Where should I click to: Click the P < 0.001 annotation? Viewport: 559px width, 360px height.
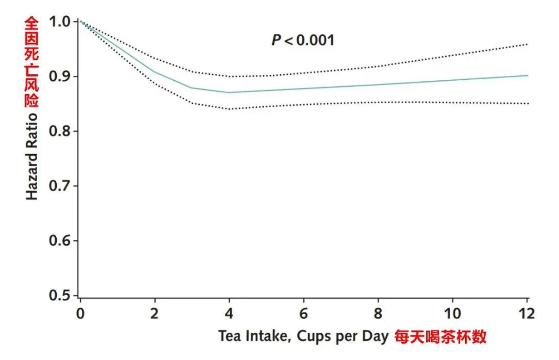(x=303, y=40)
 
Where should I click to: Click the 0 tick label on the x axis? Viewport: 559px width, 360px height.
(x=80, y=315)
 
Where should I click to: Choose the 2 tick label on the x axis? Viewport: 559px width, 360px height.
(x=155, y=315)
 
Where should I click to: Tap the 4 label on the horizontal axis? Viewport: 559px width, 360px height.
(x=229, y=315)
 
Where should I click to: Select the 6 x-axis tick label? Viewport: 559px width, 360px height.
(x=303, y=315)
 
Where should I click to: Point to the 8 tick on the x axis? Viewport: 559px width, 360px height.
(x=378, y=315)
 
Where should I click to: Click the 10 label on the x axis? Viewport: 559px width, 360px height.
(x=452, y=315)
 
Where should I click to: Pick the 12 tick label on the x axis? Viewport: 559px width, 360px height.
(x=526, y=315)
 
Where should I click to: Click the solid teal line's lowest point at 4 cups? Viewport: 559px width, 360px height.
(x=229, y=92)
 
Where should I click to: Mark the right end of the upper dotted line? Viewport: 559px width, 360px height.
(x=527, y=44)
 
